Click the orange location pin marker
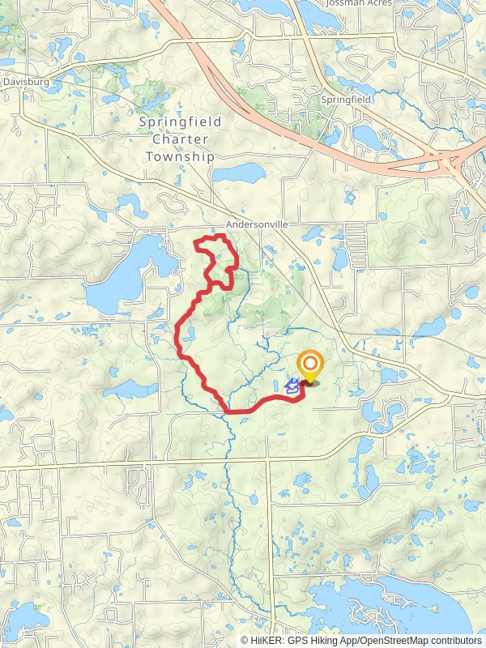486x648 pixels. coord(309,367)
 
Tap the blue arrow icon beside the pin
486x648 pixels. coord(292,386)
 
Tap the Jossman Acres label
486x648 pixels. coord(358,3)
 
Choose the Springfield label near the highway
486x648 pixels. coord(345,99)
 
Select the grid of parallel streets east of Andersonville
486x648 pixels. coord(356,239)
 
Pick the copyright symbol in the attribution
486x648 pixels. coord(245,640)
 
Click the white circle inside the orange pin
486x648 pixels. coord(309,364)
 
